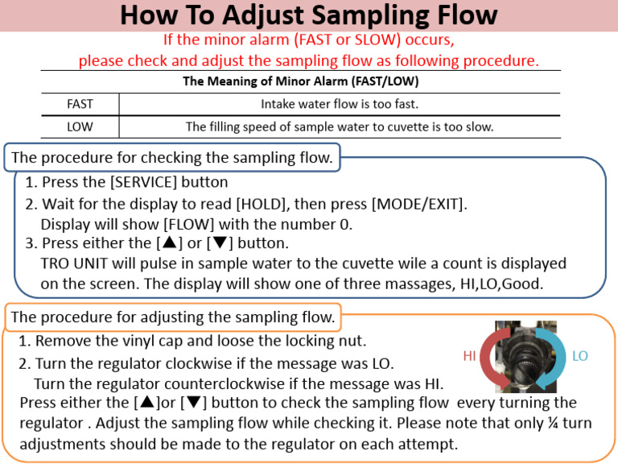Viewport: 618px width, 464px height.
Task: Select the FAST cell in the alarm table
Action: [x=80, y=104]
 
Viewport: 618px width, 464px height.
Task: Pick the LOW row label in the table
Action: [x=80, y=126]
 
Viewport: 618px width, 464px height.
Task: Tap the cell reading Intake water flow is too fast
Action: [x=340, y=104]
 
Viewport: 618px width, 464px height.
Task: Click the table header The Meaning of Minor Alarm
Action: [x=300, y=81]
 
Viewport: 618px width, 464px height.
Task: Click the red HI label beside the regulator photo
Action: [x=470, y=356]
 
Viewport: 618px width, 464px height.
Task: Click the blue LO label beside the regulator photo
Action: [x=579, y=356]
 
